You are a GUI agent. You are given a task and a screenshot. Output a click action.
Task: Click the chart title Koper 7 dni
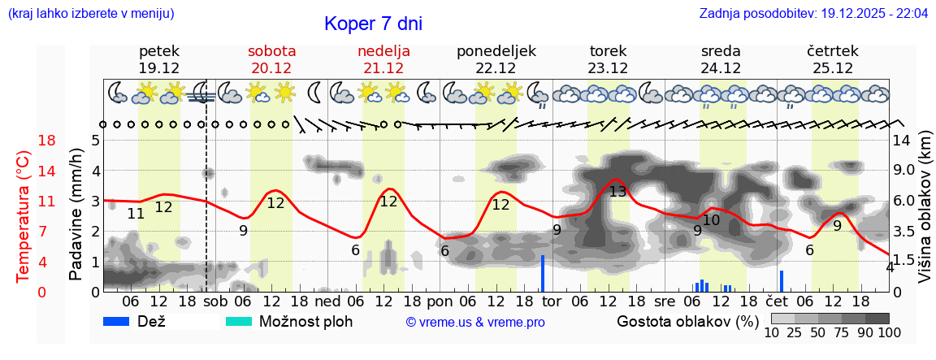[x=373, y=24]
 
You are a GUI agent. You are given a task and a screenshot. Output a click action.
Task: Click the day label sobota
[x=271, y=51]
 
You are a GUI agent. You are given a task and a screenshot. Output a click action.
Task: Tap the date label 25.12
[x=833, y=68]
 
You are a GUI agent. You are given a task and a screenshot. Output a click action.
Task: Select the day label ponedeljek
[x=496, y=51]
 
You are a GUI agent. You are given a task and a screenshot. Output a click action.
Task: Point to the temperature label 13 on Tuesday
[x=617, y=192]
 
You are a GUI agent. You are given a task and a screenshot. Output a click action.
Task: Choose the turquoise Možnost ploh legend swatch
[x=239, y=321]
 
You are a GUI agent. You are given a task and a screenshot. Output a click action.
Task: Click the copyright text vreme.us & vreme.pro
[x=475, y=322]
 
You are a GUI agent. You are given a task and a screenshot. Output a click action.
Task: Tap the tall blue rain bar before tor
[x=542, y=273]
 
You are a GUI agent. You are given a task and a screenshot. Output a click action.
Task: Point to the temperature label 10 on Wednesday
[x=712, y=220]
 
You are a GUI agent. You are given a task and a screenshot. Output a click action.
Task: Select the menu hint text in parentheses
[x=91, y=14]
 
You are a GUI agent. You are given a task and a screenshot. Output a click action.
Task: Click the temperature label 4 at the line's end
[x=890, y=267]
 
